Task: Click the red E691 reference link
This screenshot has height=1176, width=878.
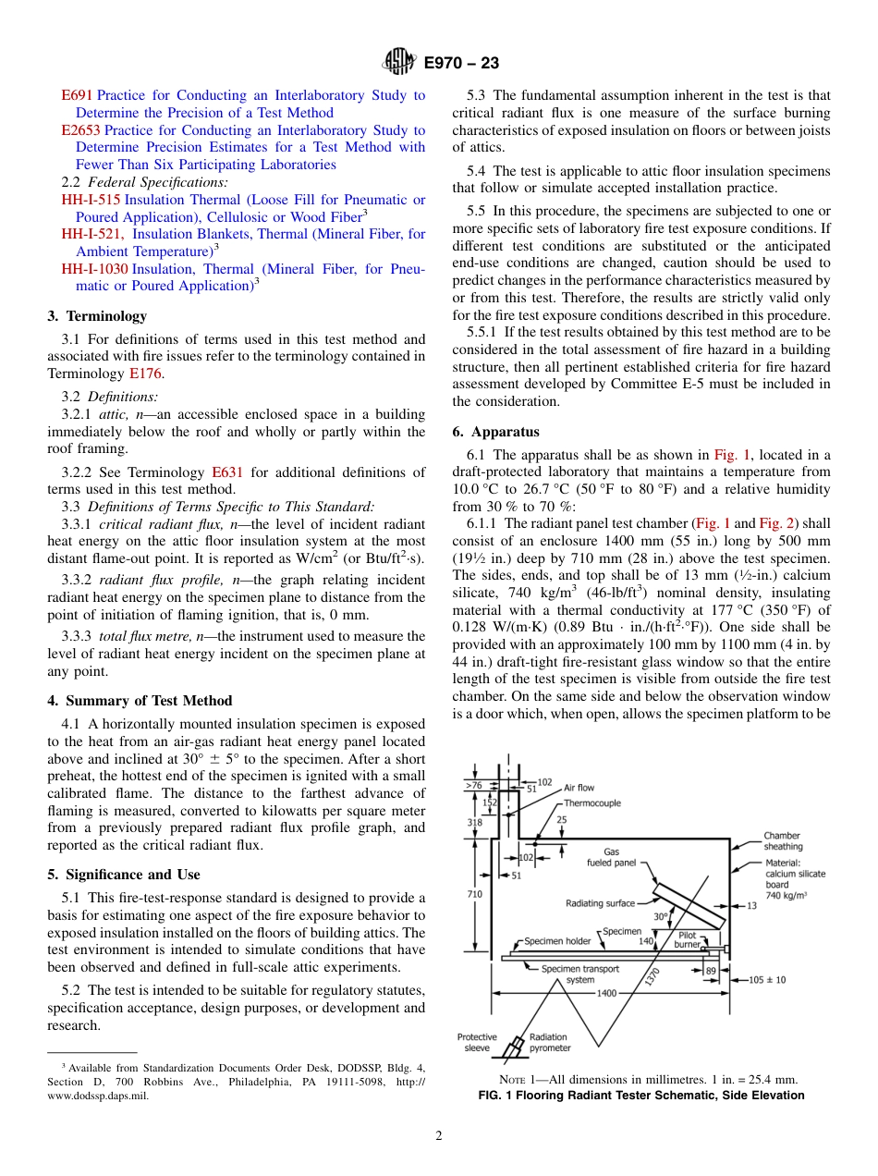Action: click(x=77, y=95)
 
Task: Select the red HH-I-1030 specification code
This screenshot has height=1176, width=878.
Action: click(x=95, y=269)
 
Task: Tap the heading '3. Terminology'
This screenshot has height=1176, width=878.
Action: click(x=96, y=316)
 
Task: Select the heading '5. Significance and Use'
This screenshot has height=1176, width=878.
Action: click(x=123, y=875)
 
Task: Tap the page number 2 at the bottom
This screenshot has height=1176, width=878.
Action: click(x=438, y=1136)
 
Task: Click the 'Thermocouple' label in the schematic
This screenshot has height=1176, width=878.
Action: click(x=592, y=803)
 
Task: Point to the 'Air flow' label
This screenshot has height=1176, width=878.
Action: click(x=579, y=788)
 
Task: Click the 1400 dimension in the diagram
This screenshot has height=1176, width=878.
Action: click(x=606, y=993)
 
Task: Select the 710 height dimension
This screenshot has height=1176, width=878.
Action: click(x=474, y=895)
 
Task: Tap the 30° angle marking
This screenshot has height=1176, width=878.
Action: click(x=660, y=917)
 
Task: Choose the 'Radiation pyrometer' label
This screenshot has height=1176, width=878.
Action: click(x=550, y=1042)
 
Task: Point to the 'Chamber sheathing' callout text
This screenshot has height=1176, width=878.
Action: click(x=783, y=841)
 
